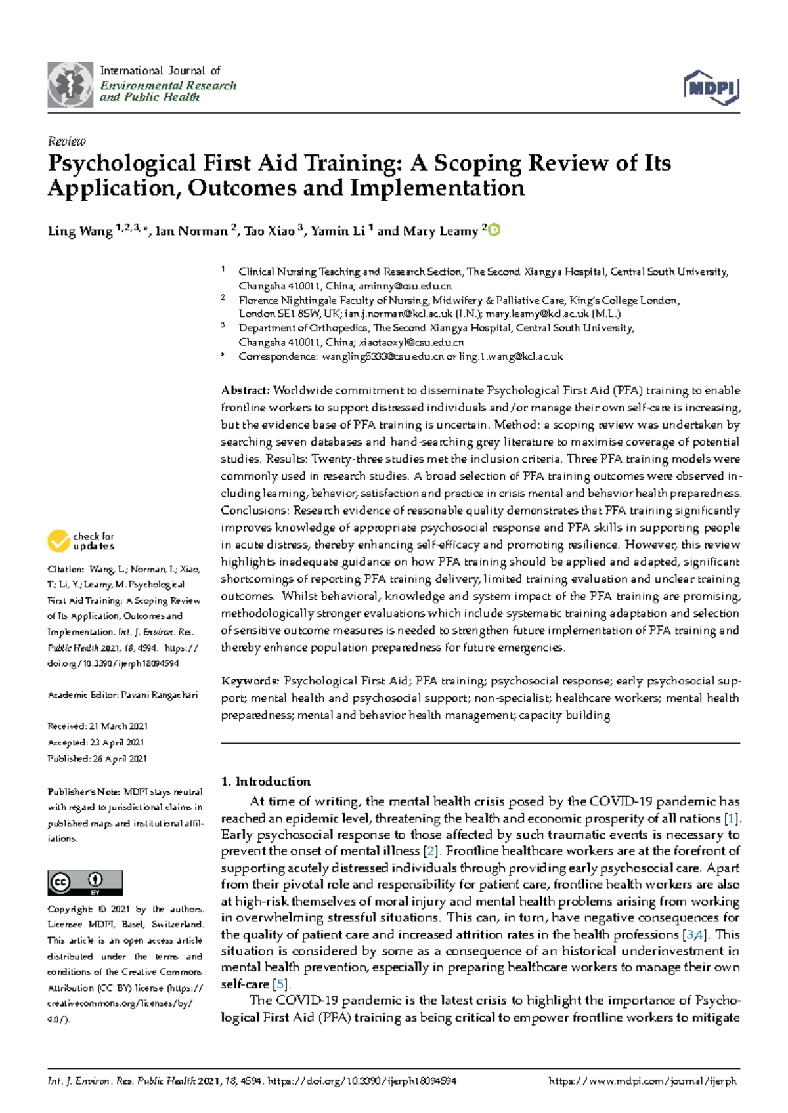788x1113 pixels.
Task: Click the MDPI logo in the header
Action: (711, 87)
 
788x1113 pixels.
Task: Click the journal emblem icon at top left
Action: (70, 85)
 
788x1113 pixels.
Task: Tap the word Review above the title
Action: (66, 141)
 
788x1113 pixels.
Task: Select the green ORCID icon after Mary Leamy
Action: (494, 230)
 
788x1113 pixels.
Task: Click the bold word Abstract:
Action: (245, 390)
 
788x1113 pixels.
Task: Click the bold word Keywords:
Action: (250, 681)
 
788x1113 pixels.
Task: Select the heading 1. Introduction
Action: (265, 782)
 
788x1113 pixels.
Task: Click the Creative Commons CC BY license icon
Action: (85, 883)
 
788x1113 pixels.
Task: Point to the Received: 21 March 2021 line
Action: (97, 726)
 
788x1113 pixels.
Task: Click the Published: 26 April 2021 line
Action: (97, 759)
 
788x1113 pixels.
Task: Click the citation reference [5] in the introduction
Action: (281, 984)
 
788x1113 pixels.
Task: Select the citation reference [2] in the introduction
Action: (431, 851)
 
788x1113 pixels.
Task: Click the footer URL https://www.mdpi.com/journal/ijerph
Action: (642, 1081)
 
